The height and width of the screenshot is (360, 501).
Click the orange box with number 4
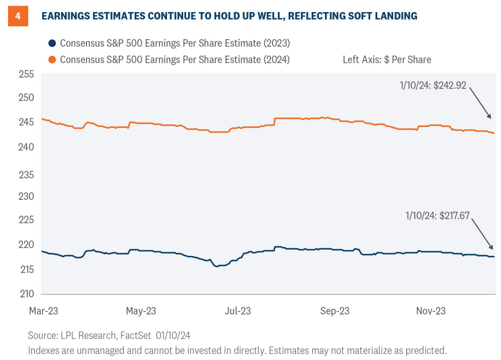point(18,16)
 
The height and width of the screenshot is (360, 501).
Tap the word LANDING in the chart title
point(392,16)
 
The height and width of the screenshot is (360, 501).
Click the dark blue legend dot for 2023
point(51,43)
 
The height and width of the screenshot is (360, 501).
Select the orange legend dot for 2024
point(51,59)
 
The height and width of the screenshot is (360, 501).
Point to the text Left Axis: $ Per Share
point(387,59)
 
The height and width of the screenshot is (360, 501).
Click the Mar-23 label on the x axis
point(43,311)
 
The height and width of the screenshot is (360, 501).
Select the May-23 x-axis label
point(141,311)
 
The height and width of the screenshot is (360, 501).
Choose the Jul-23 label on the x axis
point(238,311)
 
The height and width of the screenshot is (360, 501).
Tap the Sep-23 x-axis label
point(335,311)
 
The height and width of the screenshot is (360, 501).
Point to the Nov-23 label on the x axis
point(431,311)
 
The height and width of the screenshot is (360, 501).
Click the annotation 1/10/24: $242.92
point(432,86)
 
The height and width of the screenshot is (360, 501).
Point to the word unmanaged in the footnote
point(88,350)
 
